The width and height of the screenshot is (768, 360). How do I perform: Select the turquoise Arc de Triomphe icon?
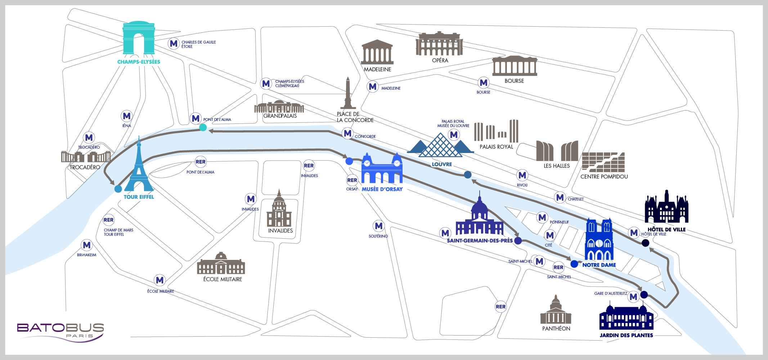(x=139, y=38)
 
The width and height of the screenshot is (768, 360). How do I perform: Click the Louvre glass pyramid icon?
(x=440, y=146)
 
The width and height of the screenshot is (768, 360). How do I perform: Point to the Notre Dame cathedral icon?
(x=599, y=239)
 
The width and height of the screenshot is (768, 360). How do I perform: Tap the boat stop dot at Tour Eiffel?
(x=118, y=189)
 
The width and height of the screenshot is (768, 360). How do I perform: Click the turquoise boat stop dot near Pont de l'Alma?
(x=203, y=127)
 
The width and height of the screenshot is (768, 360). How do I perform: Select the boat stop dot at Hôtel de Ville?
(x=646, y=243)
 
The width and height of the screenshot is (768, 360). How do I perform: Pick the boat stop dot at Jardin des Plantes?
(x=644, y=295)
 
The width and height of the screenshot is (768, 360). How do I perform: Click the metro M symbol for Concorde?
(x=348, y=134)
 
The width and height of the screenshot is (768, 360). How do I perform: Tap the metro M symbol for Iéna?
(x=127, y=116)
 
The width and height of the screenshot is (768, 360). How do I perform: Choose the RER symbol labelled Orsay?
(x=352, y=180)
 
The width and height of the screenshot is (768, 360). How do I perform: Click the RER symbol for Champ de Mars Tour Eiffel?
(x=108, y=220)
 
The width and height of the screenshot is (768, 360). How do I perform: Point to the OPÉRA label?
(x=440, y=60)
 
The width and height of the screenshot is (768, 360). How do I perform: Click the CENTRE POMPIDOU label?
(x=604, y=177)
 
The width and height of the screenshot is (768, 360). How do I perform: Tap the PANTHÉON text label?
(x=556, y=329)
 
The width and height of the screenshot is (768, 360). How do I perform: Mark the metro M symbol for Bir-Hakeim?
(x=87, y=246)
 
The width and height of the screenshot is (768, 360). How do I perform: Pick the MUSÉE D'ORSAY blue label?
(x=382, y=189)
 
